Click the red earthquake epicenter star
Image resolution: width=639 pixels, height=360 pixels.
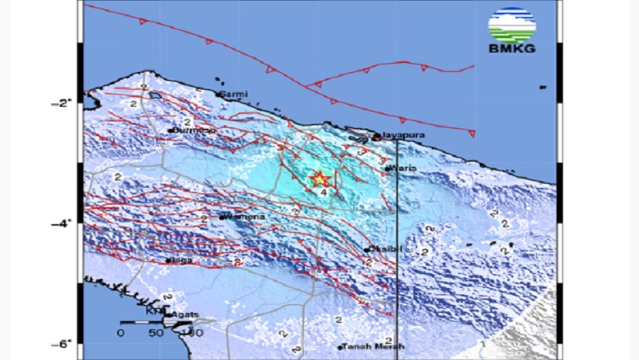(x=319, y=180)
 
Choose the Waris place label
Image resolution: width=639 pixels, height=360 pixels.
(x=403, y=167)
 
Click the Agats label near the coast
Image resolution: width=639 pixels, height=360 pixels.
(x=185, y=312)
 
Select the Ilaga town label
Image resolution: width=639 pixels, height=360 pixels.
(x=181, y=260)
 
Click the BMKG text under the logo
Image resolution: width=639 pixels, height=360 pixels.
(x=512, y=47)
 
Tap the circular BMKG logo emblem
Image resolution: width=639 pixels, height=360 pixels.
(x=512, y=24)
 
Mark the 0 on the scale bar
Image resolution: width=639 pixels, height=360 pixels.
(x=120, y=332)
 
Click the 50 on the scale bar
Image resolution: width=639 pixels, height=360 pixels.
(x=154, y=332)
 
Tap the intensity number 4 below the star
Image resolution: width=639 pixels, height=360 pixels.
(x=322, y=193)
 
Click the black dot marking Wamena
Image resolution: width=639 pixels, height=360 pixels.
(x=222, y=217)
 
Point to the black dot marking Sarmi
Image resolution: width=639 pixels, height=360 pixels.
(x=219, y=95)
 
